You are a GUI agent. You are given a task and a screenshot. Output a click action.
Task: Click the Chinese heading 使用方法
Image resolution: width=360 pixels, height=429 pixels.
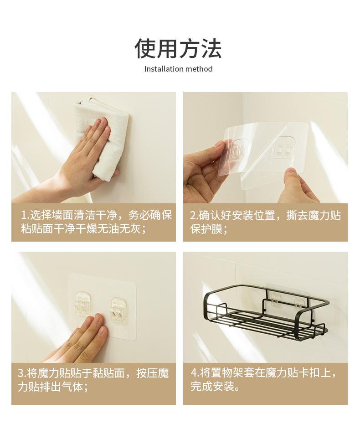tap(178, 49)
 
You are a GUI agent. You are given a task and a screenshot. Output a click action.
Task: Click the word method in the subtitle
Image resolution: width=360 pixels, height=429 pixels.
tap(199, 69)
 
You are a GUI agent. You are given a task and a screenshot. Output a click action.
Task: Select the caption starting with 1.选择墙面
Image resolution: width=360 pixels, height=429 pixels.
tap(96, 222)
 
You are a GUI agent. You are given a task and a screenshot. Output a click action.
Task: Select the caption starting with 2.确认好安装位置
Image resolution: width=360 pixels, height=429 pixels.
tap(265, 222)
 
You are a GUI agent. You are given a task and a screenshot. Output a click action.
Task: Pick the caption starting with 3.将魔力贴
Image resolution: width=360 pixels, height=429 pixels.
tap(93, 380)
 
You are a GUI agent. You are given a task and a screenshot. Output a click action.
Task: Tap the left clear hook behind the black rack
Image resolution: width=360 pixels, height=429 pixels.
tap(276, 300)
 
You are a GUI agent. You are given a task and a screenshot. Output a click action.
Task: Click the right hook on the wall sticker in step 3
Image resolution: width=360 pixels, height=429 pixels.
tap(119, 310)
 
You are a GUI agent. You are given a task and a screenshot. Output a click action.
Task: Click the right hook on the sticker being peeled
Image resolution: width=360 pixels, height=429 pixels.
tap(284, 148)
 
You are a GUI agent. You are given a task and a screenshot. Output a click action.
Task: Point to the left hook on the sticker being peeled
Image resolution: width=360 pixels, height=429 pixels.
tap(238, 150)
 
